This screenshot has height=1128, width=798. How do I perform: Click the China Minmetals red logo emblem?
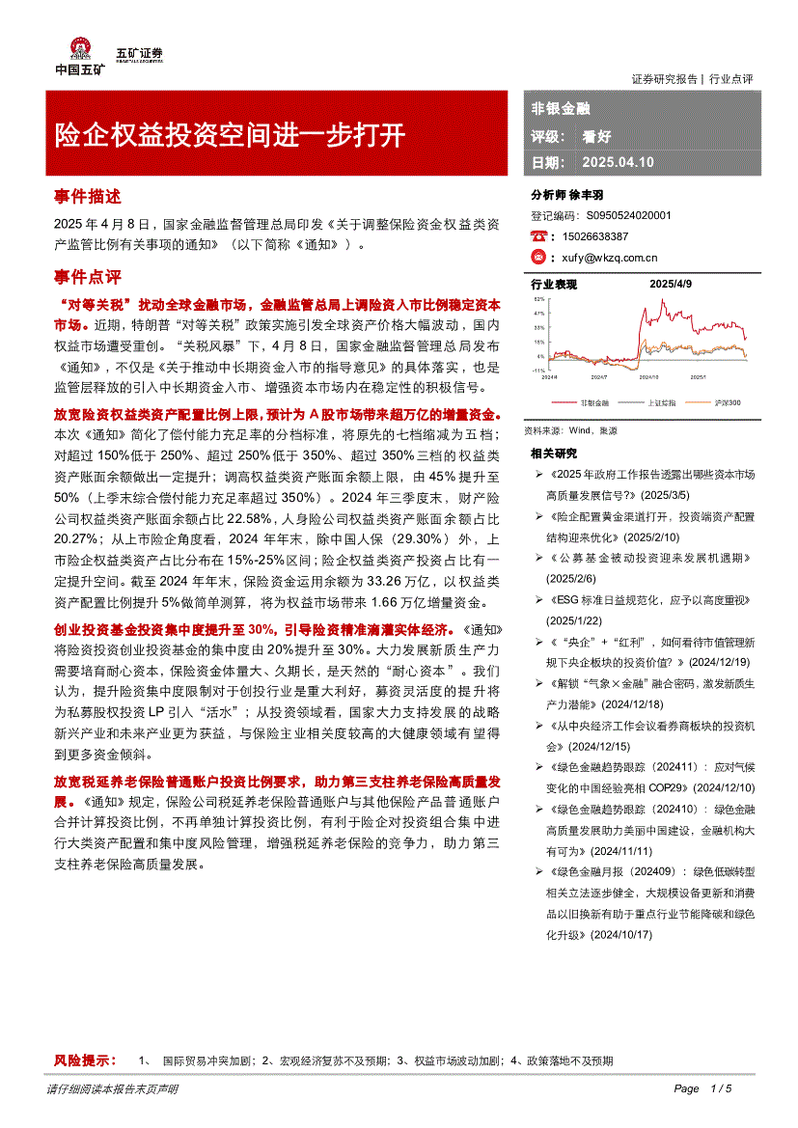pyautogui.click(x=80, y=49)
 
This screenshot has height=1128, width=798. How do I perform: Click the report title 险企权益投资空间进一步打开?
pyautogui.click(x=230, y=134)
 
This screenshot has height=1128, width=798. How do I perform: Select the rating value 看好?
pyautogui.click(x=596, y=136)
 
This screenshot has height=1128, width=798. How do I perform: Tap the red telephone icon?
pyautogui.click(x=539, y=236)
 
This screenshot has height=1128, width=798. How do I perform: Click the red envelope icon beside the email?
pyautogui.click(x=539, y=258)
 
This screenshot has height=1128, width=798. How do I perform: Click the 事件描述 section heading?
pyautogui.click(x=87, y=196)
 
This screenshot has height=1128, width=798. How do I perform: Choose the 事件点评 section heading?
pyautogui.click(x=87, y=278)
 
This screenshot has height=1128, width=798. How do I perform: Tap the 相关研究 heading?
pyautogui.click(x=554, y=454)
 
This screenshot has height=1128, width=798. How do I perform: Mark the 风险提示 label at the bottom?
pyautogui.click(x=85, y=1060)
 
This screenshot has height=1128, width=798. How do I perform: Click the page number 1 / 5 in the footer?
pyautogui.click(x=722, y=1088)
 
